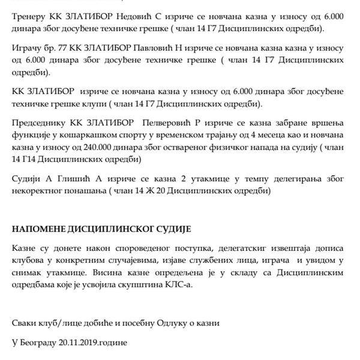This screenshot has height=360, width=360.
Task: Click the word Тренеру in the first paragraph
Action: [x=30, y=12]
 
